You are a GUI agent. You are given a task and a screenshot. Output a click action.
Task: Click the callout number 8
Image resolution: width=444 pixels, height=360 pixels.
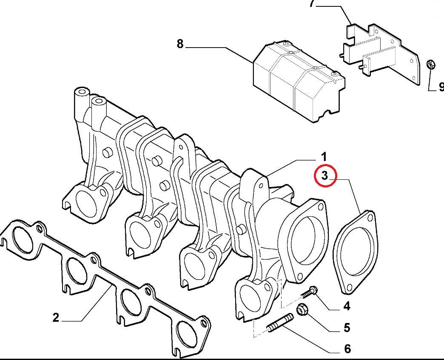[180, 43]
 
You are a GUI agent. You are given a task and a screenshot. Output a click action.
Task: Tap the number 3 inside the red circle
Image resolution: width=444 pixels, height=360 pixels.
[325, 176]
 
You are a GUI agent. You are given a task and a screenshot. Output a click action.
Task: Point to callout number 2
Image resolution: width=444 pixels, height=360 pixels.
[56, 317]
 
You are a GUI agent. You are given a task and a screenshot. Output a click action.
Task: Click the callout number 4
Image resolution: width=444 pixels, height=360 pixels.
[347, 306]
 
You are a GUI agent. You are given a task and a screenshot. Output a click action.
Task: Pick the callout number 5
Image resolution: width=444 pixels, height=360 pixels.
[347, 328]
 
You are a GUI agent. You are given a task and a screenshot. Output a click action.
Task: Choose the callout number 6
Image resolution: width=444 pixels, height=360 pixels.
[347, 349]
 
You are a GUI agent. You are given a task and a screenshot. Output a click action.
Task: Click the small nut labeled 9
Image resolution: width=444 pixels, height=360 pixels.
[430, 65]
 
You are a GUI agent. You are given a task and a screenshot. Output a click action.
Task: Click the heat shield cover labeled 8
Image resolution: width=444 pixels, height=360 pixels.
[298, 81]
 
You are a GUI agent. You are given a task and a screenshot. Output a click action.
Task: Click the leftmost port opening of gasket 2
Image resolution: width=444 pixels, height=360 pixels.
[22, 242]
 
